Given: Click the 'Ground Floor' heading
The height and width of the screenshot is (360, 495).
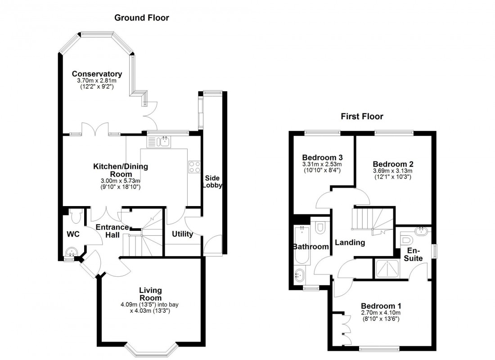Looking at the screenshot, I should pos(141,18).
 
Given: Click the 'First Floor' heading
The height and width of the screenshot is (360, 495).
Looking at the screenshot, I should pos(362,117).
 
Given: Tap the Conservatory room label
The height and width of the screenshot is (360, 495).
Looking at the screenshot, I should pos(97,74).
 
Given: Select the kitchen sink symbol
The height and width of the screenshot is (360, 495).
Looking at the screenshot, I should pos(158,142).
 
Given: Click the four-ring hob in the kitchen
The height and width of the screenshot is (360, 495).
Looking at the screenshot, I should pos(195,167).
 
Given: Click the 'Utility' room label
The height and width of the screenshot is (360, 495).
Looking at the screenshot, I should pos(182,234).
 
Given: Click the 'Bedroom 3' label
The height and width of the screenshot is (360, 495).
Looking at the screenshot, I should pos(322,157).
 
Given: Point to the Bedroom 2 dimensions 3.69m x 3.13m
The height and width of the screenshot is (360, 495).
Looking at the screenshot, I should pos(393,171).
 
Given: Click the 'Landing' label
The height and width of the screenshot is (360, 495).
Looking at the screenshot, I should pos(350,243).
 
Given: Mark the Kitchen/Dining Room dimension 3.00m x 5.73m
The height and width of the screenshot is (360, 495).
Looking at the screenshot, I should pos(120,181).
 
